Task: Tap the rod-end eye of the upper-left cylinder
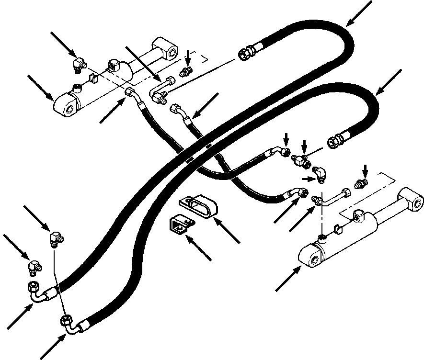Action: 166,49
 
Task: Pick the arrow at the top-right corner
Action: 360,14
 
